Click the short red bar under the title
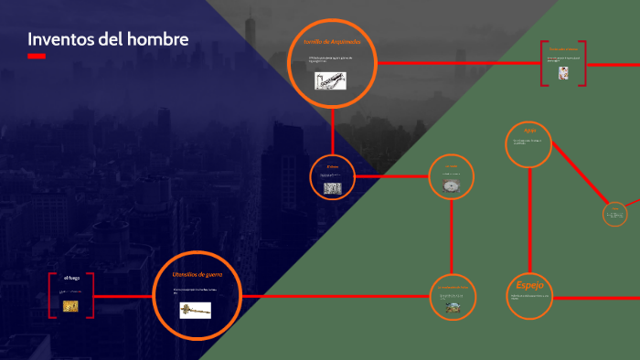(x=37, y=56)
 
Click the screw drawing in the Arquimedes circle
(x=330, y=81)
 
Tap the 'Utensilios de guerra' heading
(x=197, y=274)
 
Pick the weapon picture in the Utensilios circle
(x=195, y=310)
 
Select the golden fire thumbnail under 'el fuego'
(x=70, y=305)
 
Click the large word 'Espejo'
(x=529, y=284)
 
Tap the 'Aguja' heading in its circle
(x=529, y=130)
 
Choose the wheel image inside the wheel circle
(x=451, y=185)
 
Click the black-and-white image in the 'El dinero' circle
(x=332, y=188)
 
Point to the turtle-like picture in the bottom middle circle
(x=452, y=308)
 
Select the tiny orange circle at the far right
(x=614, y=215)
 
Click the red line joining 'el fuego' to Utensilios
(x=123, y=296)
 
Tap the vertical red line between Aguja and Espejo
(x=529, y=219)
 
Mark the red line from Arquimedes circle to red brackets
(x=457, y=63)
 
